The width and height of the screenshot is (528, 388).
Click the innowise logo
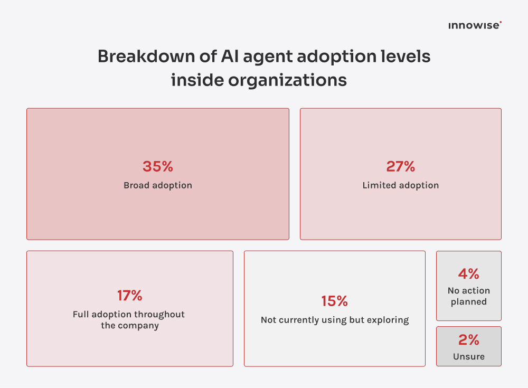tap(474, 25)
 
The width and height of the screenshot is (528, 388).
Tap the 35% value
tap(157, 167)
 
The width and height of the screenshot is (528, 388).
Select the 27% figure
tap(400, 167)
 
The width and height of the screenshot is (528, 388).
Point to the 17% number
tap(129, 296)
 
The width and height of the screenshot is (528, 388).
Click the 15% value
tap(334, 301)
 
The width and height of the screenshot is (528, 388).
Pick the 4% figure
tap(468, 274)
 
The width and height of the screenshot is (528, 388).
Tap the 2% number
tap(468, 339)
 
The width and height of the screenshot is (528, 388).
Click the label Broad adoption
tap(157, 185)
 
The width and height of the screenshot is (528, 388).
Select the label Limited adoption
tap(400, 185)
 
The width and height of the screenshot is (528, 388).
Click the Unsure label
tap(468, 356)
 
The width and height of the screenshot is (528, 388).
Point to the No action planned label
tap(468, 296)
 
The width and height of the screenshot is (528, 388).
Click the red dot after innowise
tap(501, 22)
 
